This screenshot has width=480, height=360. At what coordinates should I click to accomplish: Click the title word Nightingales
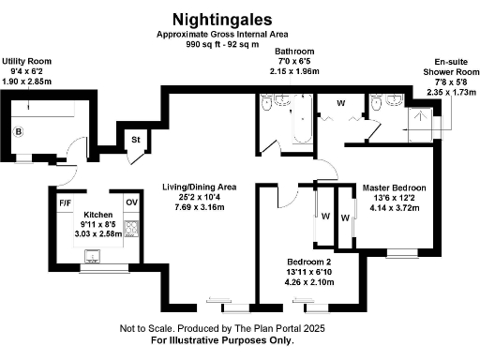pos(222,18)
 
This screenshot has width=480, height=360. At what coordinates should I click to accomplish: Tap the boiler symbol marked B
pos(19,132)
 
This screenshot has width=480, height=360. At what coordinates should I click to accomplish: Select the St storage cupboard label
pos(136,140)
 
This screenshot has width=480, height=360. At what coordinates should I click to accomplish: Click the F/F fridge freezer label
pos(66,202)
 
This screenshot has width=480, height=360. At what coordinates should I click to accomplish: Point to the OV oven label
pos(130,202)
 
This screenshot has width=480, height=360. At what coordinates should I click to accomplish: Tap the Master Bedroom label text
pos(395,187)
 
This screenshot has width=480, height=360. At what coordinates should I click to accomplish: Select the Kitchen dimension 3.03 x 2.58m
pos(98,233)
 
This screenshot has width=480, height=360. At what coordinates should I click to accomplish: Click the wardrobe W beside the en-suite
pos(340,102)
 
